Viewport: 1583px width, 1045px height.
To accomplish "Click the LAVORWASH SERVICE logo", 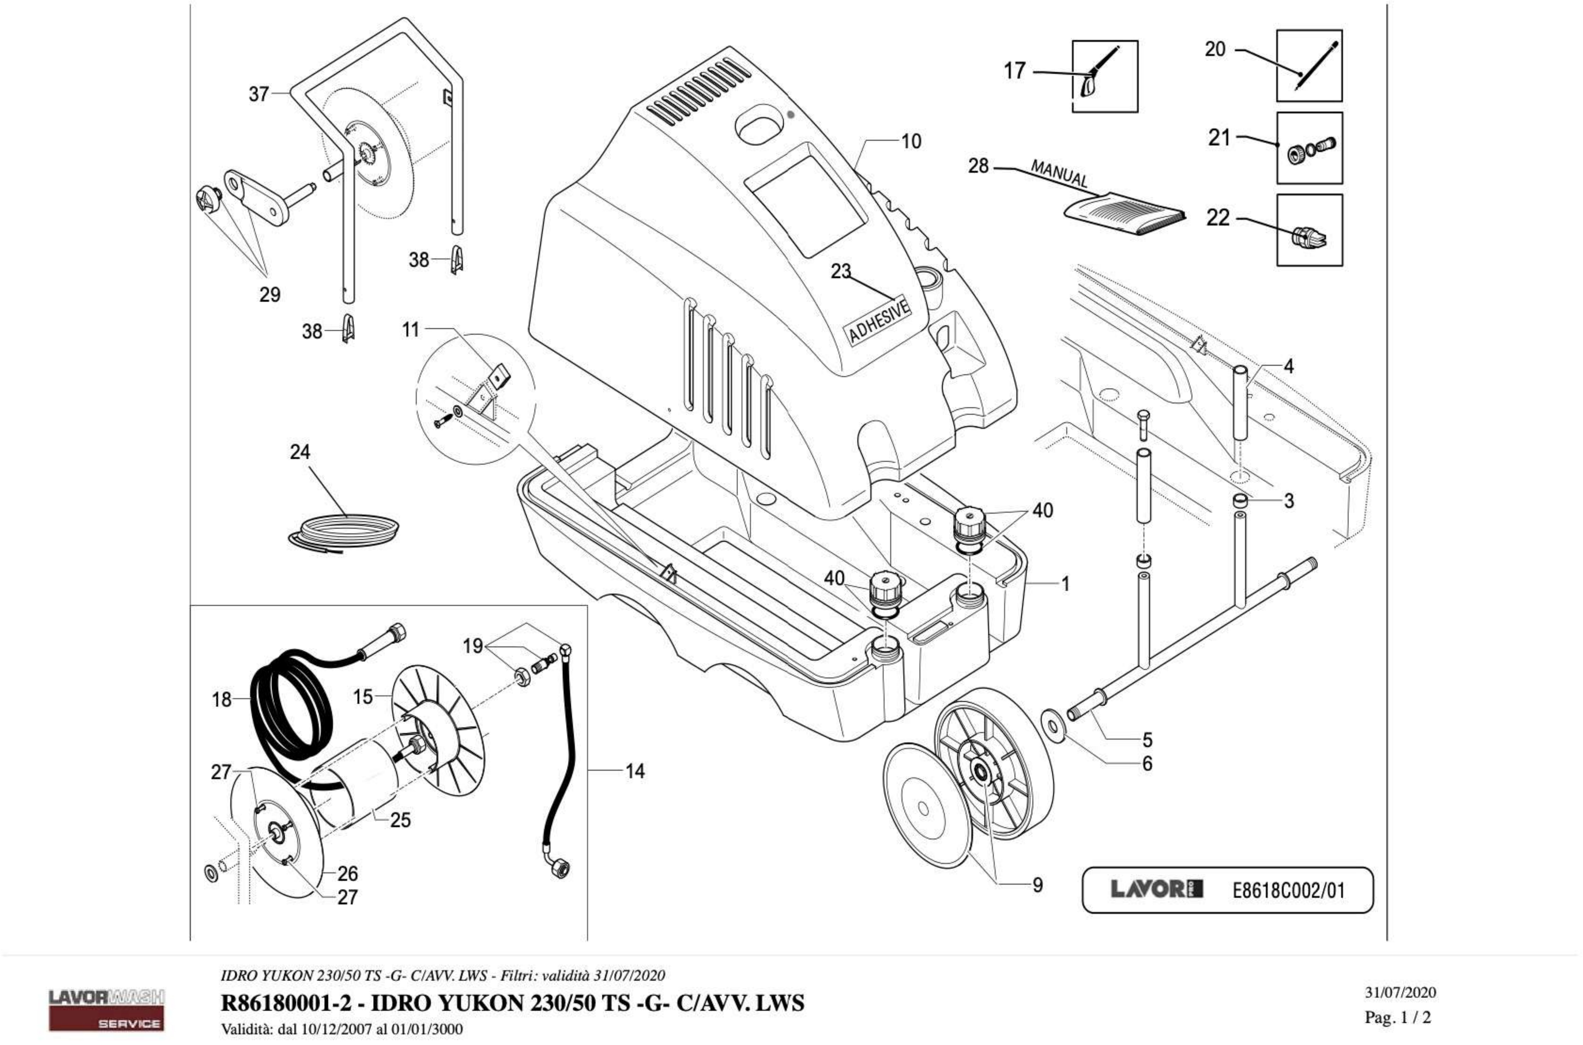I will [x=107, y=1010].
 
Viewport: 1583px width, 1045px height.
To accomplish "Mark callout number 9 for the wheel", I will [x=1037, y=885].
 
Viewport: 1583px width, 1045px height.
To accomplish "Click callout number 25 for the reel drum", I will [x=400, y=820].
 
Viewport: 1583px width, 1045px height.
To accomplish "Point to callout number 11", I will [x=410, y=329].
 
